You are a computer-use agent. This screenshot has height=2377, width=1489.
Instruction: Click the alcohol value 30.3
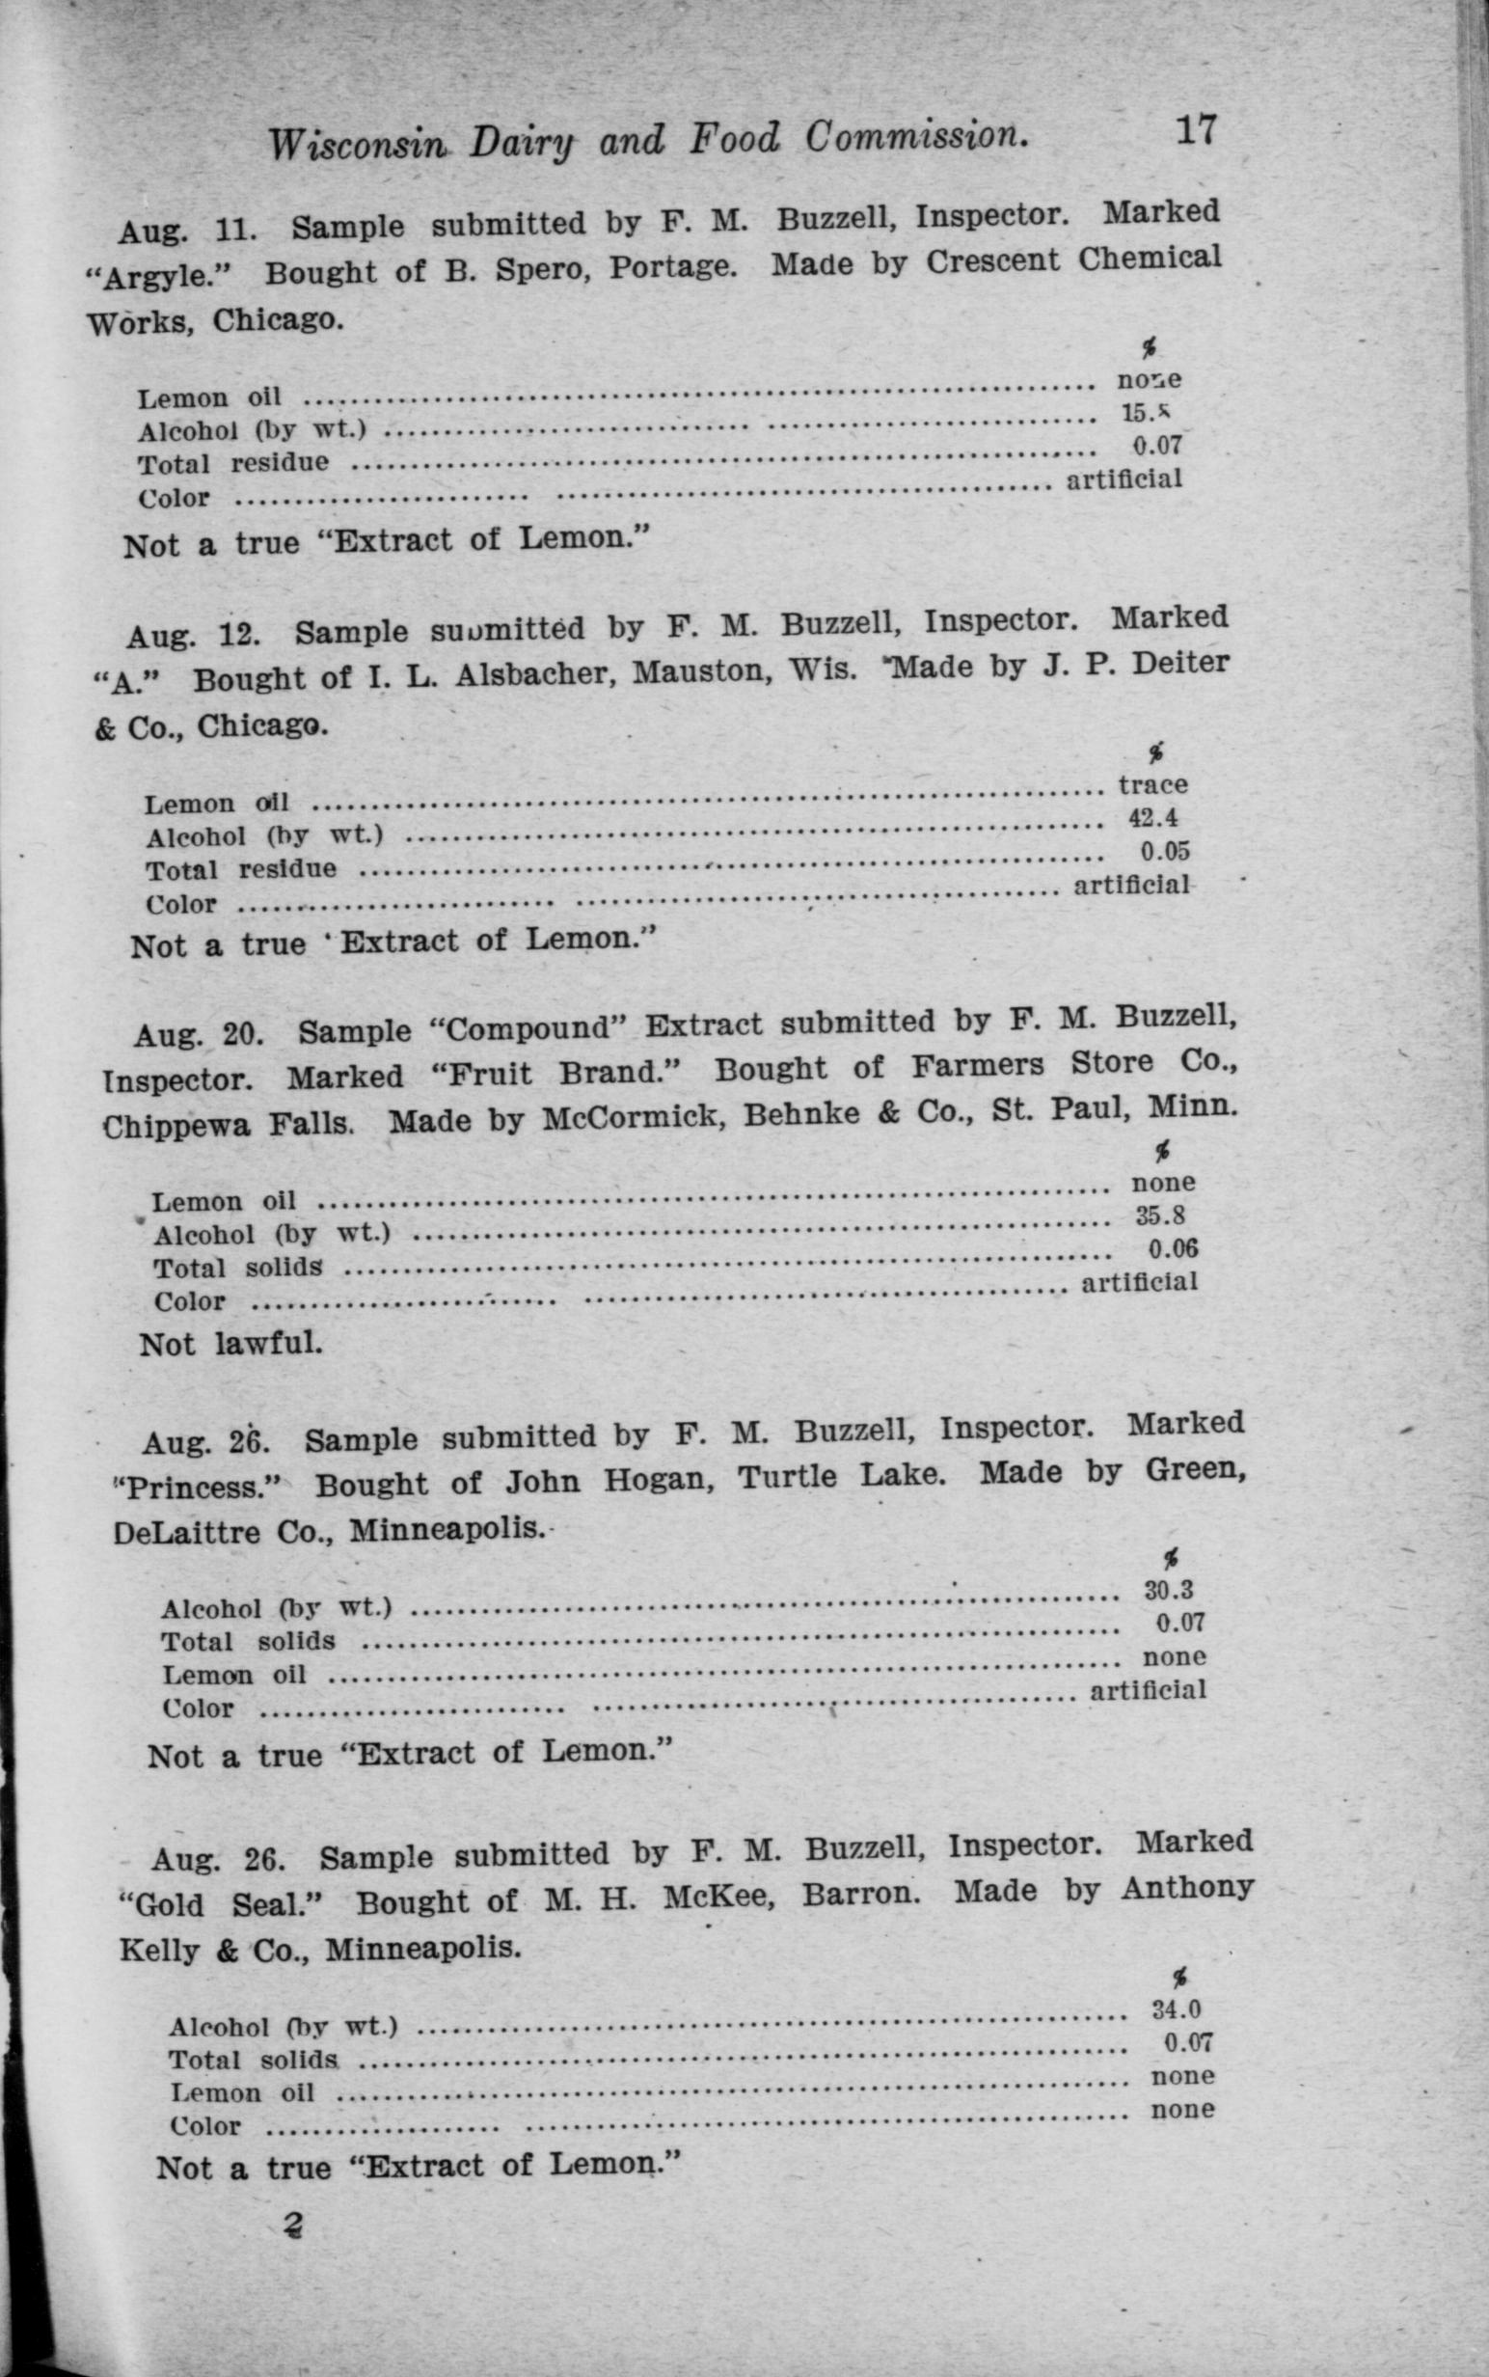pyautogui.click(x=1169, y=1589)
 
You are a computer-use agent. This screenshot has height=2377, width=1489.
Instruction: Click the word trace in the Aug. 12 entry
pyautogui.click(x=1152, y=785)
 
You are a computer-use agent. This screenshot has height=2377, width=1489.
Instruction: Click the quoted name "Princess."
pyautogui.click(x=198, y=1485)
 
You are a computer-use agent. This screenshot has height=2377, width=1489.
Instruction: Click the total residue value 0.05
pyautogui.click(x=1165, y=850)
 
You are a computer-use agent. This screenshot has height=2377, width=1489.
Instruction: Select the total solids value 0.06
pyautogui.click(x=1173, y=1248)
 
